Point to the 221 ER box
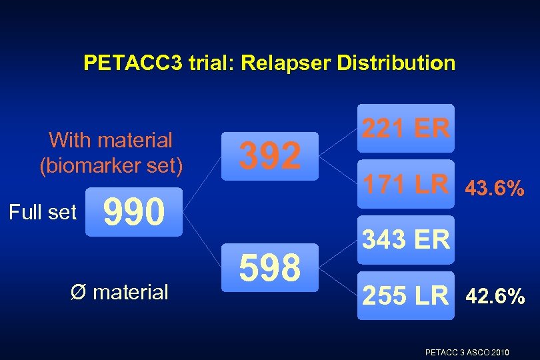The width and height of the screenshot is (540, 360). point(405,127)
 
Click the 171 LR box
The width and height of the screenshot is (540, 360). point(405,183)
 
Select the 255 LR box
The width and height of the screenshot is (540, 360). point(405,295)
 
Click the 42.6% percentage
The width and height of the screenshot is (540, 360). point(495,296)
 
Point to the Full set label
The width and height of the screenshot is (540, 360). point(43,213)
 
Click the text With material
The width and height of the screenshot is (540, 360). point(111,140)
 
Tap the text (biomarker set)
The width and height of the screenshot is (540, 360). point(111,165)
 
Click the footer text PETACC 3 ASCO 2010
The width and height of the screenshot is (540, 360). point(467,351)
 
